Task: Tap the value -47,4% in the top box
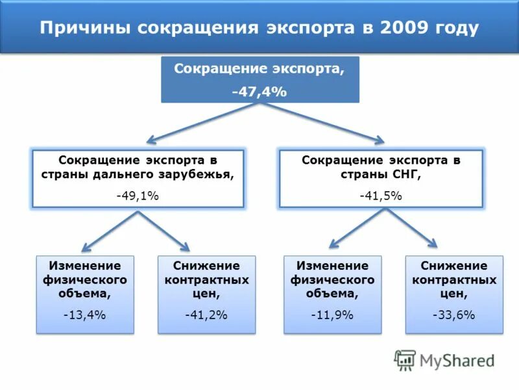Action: tap(259, 92)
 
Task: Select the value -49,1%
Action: tap(138, 196)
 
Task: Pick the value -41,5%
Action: tap(381, 196)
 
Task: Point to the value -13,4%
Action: tap(84, 315)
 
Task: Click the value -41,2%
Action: tap(206, 315)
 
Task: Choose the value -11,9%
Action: tap(332, 315)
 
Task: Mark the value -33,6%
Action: tap(453, 315)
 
